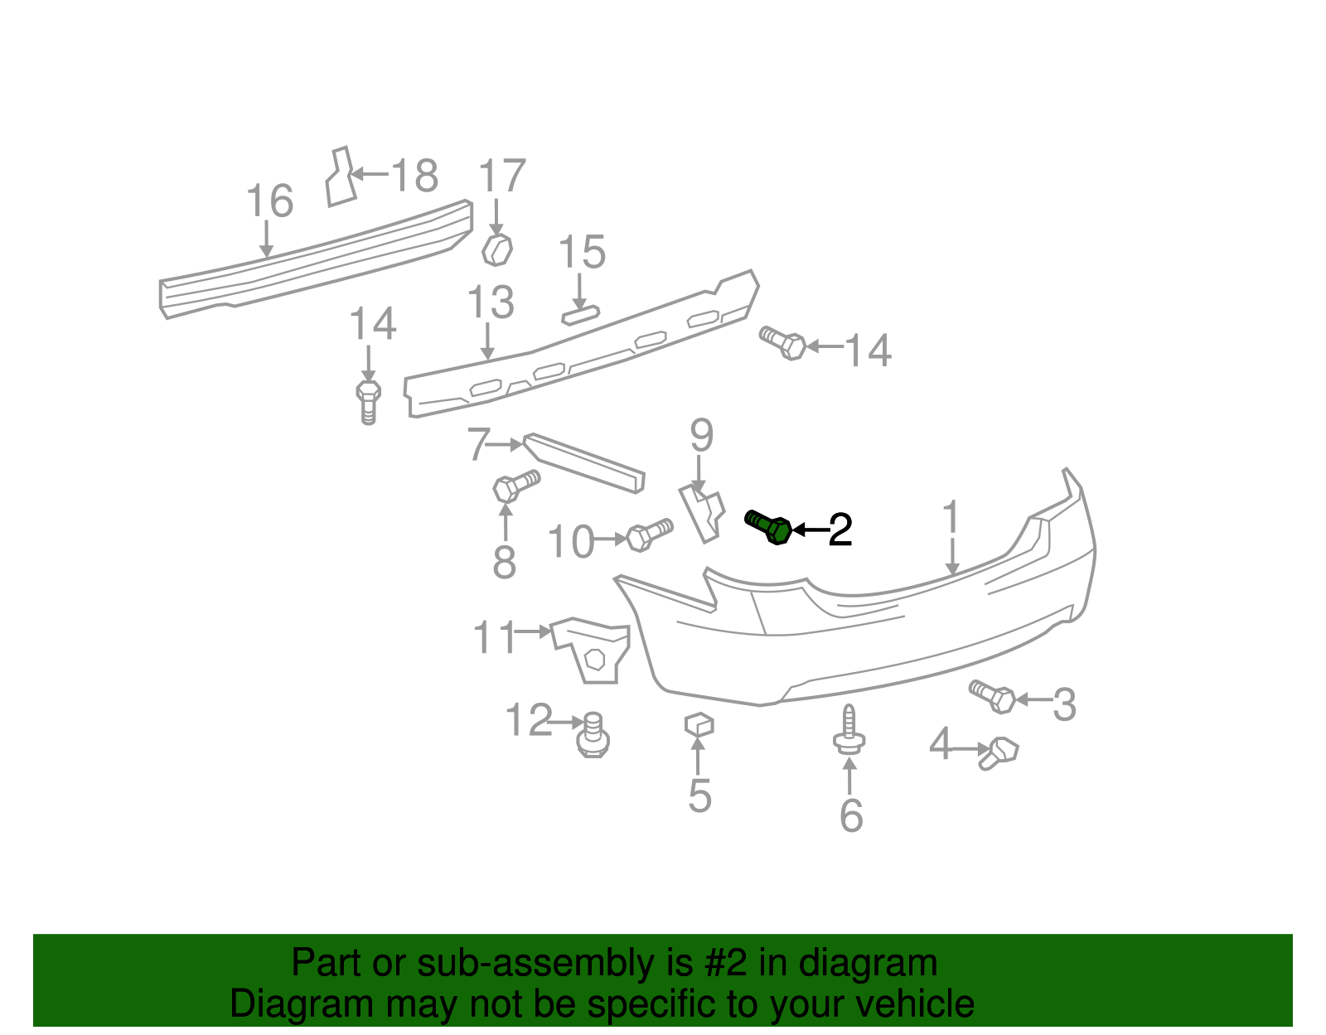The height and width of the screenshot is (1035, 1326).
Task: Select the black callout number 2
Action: point(840,530)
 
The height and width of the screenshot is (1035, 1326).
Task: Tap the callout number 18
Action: point(414,176)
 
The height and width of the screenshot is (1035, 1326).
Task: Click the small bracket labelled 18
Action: point(340,177)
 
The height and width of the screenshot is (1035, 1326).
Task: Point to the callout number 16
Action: point(270,201)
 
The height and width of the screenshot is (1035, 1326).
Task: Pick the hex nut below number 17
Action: point(496,249)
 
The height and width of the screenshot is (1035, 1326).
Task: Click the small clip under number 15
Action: point(580,314)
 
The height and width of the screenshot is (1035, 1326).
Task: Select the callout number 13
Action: point(491,303)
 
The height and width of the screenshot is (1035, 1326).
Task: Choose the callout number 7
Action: point(477,445)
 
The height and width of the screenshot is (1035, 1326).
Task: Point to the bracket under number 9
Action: point(702,513)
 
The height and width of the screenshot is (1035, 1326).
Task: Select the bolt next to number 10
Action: point(649,534)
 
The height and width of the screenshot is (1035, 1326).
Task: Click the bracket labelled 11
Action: point(591,650)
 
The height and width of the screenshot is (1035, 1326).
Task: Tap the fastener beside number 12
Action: point(593,734)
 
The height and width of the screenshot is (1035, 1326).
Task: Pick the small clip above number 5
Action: point(699,724)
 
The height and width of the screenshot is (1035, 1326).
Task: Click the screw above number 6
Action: point(849,729)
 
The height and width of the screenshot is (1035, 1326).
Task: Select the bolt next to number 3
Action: point(993,696)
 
